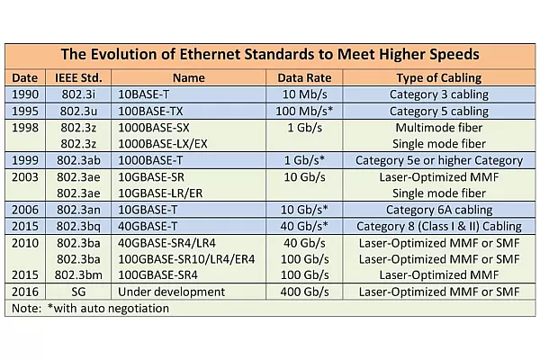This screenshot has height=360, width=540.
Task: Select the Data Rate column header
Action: [299, 78]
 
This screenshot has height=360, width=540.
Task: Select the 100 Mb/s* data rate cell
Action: [299, 111]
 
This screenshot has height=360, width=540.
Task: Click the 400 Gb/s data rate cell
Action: [299, 291]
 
